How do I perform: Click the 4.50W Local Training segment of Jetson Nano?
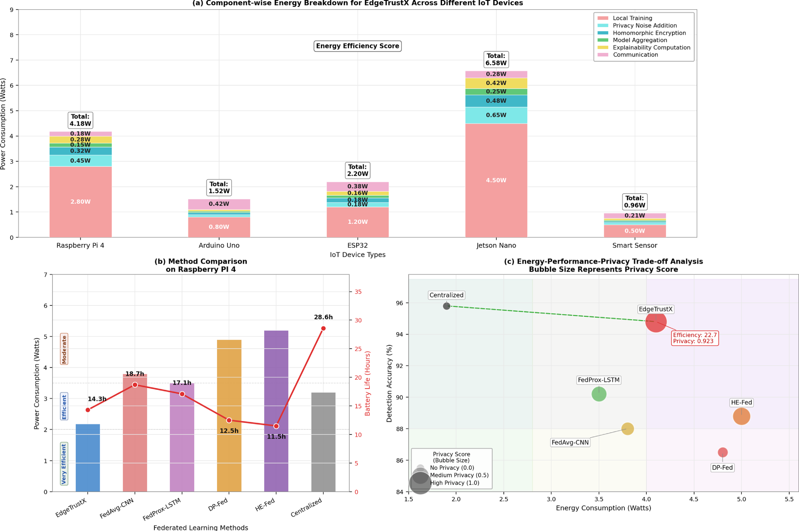pyautogui.click(x=496, y=180)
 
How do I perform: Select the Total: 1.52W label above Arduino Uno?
pyautogui.click(x=219, y=187)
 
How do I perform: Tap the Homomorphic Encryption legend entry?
pyautogui.click(x=649, y=33)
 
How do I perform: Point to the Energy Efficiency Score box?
pyautogui.click(x=357, y=46)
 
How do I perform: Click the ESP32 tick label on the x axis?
pyautogui.click(x=357, y=245)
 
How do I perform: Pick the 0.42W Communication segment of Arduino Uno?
pyautogui.click(x=219, y=204)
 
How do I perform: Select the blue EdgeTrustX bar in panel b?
pyautogui.click(x=87, y=458)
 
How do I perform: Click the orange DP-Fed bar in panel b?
pyautogui.click(x=229, y=416)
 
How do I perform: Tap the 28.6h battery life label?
pyautogui.click(x=323, y=317)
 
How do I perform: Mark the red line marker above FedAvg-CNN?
pyautogui.click(x=135, y=385)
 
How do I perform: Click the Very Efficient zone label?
pyautogui.click(x=64, y=464)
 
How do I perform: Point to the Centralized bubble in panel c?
pyautogui.click(x=447, y=306)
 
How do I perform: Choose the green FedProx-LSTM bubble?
pyautogui.click(x=599, y=394)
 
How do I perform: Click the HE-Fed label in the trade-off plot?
pyautogui.click(x=741, y=402)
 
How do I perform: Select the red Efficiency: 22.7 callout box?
pyautogui.click(x=694, y=338)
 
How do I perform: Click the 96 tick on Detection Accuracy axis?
pyautogui.click(x=399, y=303)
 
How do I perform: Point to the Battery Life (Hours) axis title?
pyautogui.click(x=368, y=384)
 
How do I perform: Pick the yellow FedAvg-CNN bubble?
pyautogui.click(x=627, y=429)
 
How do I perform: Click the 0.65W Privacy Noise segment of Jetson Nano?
pyautogui.click(x=496, y=115)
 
